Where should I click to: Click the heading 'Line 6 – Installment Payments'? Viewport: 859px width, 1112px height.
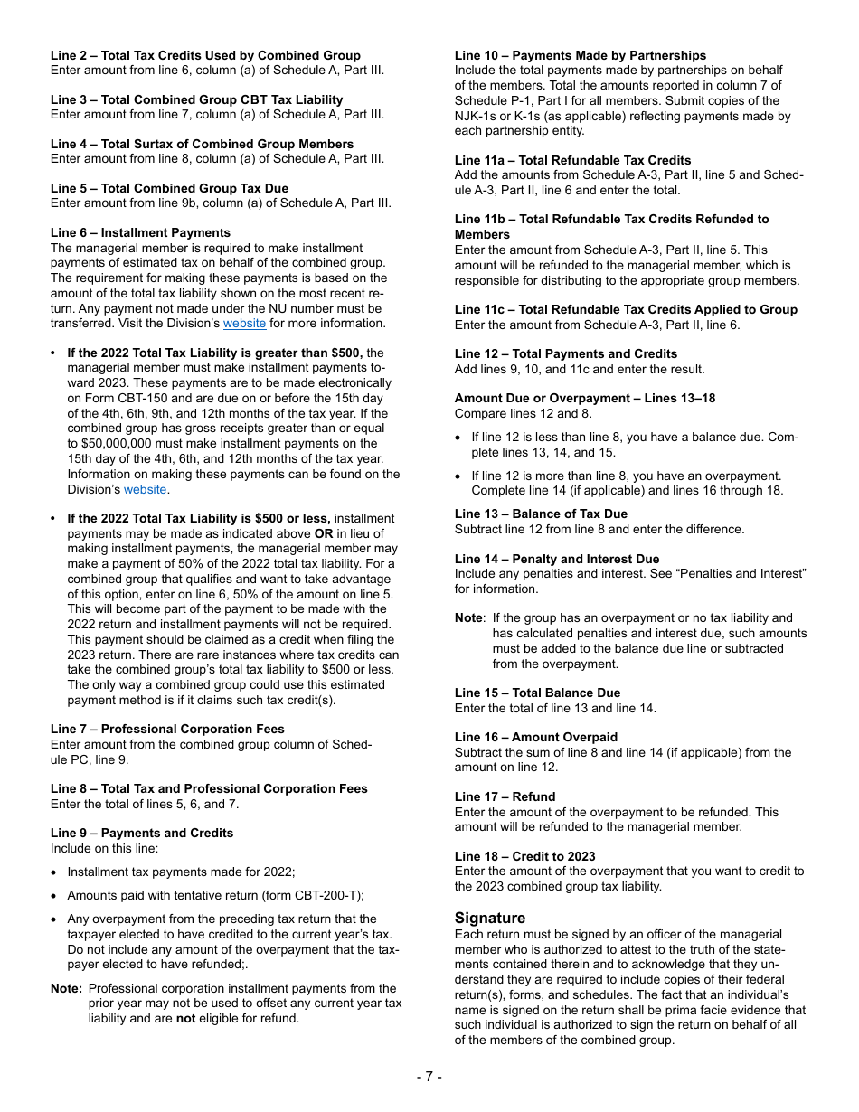pos(140,232)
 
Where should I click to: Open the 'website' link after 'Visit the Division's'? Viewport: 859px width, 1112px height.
pos(244,323)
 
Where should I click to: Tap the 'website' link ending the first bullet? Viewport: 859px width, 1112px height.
pos(145,489)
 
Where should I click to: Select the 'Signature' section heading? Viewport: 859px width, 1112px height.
pos(490,918)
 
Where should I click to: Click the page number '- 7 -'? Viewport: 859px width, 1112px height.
pos(429,1076)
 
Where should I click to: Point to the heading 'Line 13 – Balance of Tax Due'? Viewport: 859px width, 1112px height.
pos(541,514)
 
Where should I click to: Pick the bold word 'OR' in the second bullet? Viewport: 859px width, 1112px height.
pos(324,533)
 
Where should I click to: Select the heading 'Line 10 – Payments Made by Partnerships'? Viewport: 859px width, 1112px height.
pos(581,55)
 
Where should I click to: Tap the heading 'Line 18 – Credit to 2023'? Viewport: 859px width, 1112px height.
pos(524,856)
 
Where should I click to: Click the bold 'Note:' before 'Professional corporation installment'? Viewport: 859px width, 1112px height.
pos(67,988)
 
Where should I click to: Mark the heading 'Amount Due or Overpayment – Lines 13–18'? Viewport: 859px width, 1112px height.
pos(585,398)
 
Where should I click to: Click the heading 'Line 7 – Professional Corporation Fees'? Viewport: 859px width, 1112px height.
pos(167,729)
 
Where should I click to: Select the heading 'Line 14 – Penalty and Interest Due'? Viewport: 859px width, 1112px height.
pos(557,559)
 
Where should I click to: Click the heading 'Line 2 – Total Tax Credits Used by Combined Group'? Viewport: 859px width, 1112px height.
pos(205,55)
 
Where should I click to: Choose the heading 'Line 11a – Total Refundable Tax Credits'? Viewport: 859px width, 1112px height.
pos(572,160)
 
